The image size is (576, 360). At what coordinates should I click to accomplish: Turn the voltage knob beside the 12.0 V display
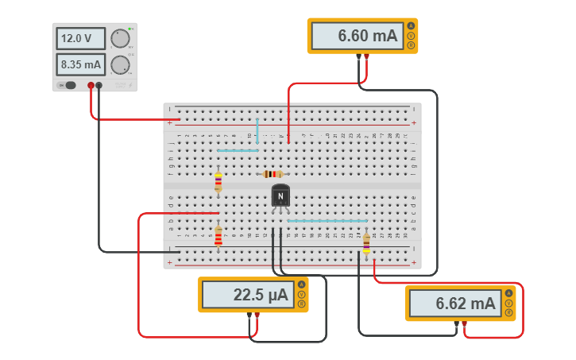(120, 38)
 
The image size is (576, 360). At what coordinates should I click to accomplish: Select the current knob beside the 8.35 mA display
(120, 64)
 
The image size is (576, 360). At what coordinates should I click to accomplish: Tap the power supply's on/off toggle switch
(69, 85)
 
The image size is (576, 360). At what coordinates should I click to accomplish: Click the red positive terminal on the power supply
(91, 85)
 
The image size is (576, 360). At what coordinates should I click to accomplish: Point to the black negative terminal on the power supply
(99, 85)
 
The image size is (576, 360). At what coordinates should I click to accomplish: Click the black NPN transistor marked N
(280, 195)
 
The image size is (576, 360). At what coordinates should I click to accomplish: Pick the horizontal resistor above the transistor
(273, 174)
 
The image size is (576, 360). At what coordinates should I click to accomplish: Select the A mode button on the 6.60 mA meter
(412, 26)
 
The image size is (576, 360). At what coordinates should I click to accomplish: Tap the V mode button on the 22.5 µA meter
(301, 295)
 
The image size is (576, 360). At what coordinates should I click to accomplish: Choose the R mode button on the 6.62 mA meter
(508, 312)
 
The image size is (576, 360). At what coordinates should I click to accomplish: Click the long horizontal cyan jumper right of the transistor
(327, 221)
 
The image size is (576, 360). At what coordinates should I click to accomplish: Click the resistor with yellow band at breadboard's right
(366, 245)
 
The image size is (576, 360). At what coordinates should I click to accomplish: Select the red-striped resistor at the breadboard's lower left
(218, 236)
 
